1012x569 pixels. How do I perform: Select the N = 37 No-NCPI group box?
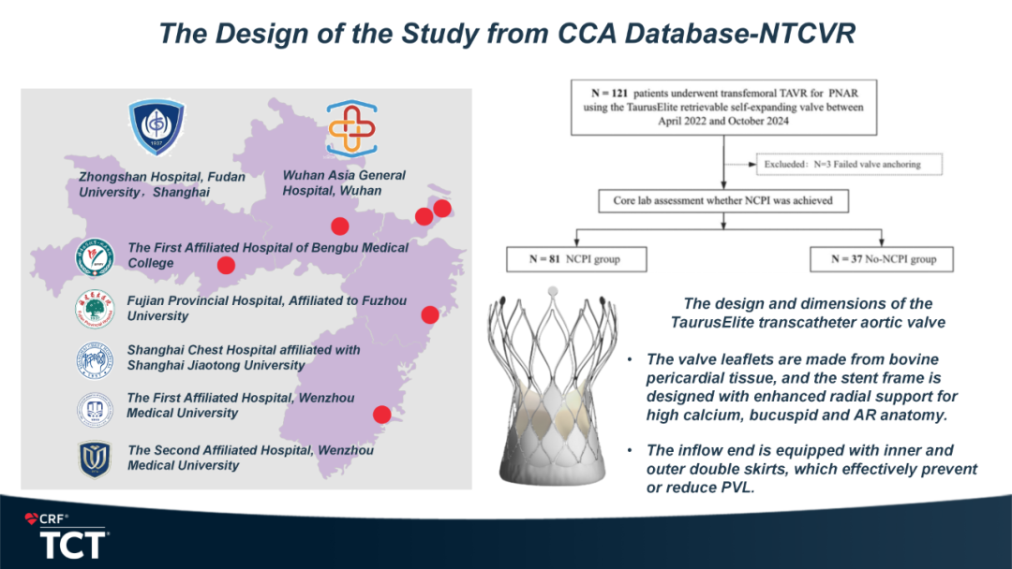[x=882, y=259]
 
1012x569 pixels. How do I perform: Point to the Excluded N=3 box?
[x=848, y=165]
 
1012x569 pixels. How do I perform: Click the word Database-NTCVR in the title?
[x=739, y=34]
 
